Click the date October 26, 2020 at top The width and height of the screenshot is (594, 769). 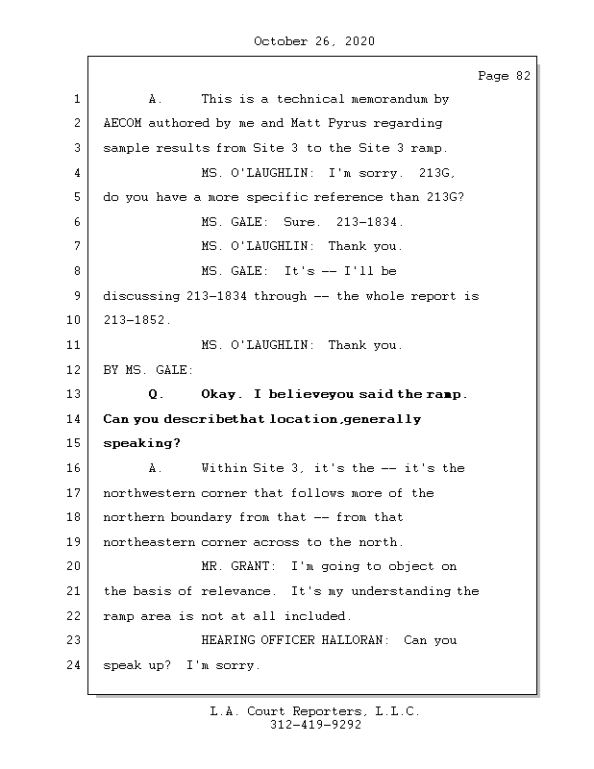coord(313,41)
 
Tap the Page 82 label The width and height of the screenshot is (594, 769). coord(504,76)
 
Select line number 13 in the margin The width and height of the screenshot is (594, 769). coord(75,394)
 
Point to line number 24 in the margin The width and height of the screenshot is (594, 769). coord(75,665)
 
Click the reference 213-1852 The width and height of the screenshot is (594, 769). coord(136,320)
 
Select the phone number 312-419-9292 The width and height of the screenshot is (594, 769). coord(315,726)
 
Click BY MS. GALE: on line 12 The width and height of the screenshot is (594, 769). coord(148,370)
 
